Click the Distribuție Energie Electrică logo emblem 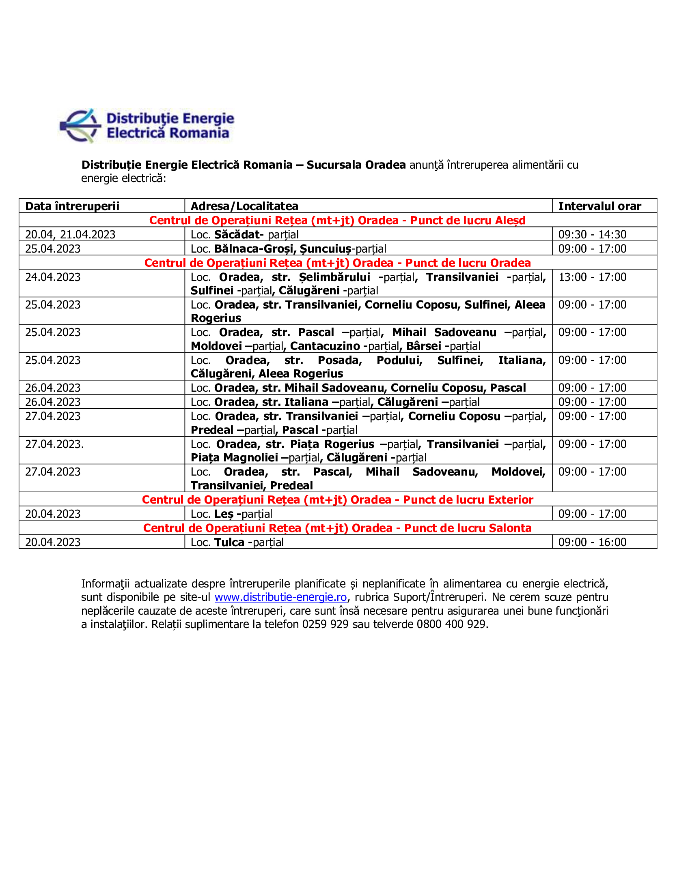point(80,126)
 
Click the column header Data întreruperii point(72,206)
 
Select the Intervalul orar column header point(599,206)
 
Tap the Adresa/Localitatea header point(244,206)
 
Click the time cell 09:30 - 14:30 point(592,234)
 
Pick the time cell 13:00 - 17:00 point(592,277)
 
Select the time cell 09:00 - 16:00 point(592,542)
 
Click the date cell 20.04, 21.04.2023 point(70,234)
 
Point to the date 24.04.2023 point(53,277)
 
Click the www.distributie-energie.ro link point(280,597)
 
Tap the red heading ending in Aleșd point(337,220)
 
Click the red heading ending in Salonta point(337,527)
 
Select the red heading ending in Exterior point(337,500)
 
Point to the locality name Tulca point(229,542)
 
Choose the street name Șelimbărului point(334,277)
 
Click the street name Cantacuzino point(325,346)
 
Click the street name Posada point(339,360)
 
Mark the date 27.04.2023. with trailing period point(54,444)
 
